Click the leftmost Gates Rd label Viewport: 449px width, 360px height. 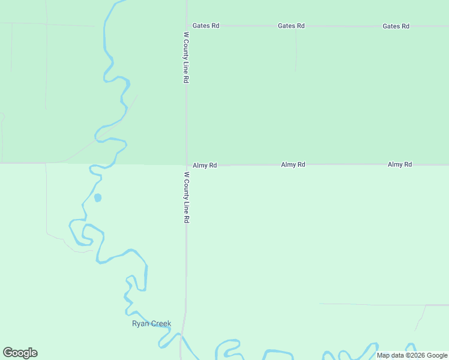(x=206, y=26)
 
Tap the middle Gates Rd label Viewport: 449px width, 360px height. (x=291, y=26)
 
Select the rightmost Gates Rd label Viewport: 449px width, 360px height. (x=396, y=26)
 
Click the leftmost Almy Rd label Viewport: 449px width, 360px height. (x=205, y=165)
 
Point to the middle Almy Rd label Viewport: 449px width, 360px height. (x=293, y=164)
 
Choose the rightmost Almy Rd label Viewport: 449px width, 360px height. (x=400, y=164)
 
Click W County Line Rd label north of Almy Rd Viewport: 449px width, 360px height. (x=187, y=58)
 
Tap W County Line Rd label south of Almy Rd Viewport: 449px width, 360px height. (x=187, y=197)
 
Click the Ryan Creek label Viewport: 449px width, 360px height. (x=151, y=324)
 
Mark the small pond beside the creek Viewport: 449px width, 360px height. (x=98, y=197)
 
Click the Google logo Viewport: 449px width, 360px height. (x=20, y=353)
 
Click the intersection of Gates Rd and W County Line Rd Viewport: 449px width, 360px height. (x=187, y=26)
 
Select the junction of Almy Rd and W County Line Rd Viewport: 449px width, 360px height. (x=186, y=164)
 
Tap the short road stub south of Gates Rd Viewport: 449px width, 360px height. (x=295, y=49)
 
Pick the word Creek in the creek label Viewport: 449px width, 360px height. (x=161, y=324)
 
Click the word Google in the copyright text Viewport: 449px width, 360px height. (x=437, y=355)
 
